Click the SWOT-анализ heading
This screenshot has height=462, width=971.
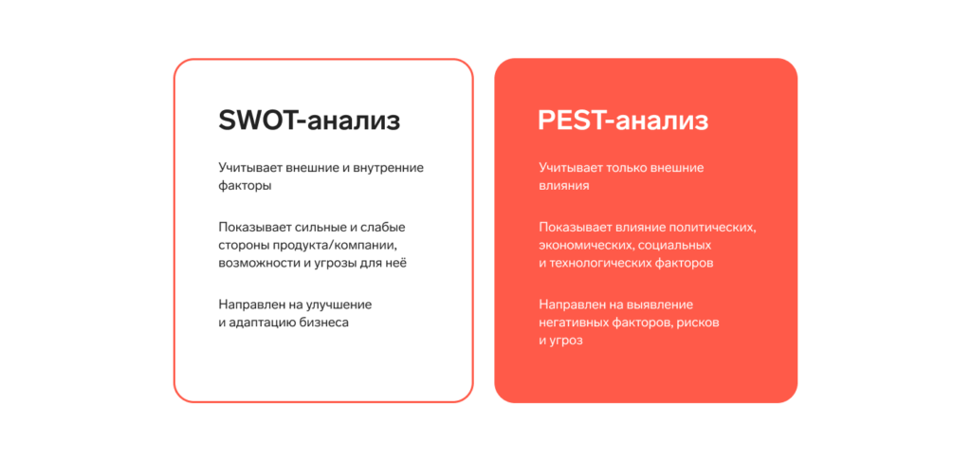[x=309, y=121]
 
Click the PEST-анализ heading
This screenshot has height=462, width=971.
[x=623, y=121]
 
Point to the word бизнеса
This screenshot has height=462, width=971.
[x=324, y=323]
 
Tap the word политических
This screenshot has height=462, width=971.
[x=713, y=227]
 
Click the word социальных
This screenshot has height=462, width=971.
[x=680, y=245]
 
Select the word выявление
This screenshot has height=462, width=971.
[x=660, y=305]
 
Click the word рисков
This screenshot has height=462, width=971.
[x=699, y=323]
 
